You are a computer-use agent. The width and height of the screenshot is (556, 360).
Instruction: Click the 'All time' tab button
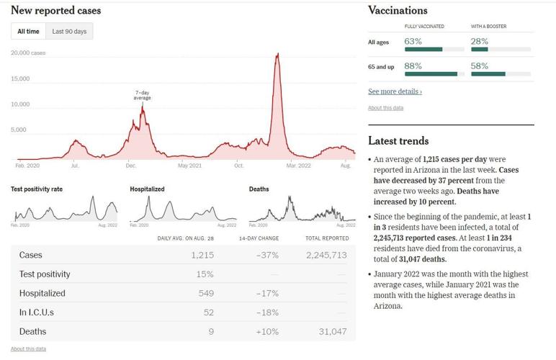29,32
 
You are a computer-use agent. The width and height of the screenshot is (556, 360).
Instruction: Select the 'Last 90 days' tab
69,32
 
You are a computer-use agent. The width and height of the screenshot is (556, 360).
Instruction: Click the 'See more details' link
395,91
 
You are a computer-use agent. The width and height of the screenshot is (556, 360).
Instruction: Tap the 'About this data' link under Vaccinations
385,108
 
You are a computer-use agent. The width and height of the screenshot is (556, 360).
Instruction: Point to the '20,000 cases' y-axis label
28,53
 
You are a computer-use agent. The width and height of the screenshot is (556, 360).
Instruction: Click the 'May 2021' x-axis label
189,166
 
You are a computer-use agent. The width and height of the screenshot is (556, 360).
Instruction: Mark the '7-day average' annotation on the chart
142,95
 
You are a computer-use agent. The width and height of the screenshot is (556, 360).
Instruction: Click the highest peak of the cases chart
277,54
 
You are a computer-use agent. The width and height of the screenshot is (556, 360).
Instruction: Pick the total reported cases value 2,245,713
326,256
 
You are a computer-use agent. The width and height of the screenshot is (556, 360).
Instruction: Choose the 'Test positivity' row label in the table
45,274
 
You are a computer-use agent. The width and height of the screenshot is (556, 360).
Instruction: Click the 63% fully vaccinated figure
413,42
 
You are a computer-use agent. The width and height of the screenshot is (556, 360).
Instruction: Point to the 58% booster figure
480,66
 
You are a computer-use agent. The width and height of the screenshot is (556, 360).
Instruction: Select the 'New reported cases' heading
56,11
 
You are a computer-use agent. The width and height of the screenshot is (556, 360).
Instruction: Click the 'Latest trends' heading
398,141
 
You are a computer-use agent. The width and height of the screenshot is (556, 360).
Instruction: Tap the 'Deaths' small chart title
259,189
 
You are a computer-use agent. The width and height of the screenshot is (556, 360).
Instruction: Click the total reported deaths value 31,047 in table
332,331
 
